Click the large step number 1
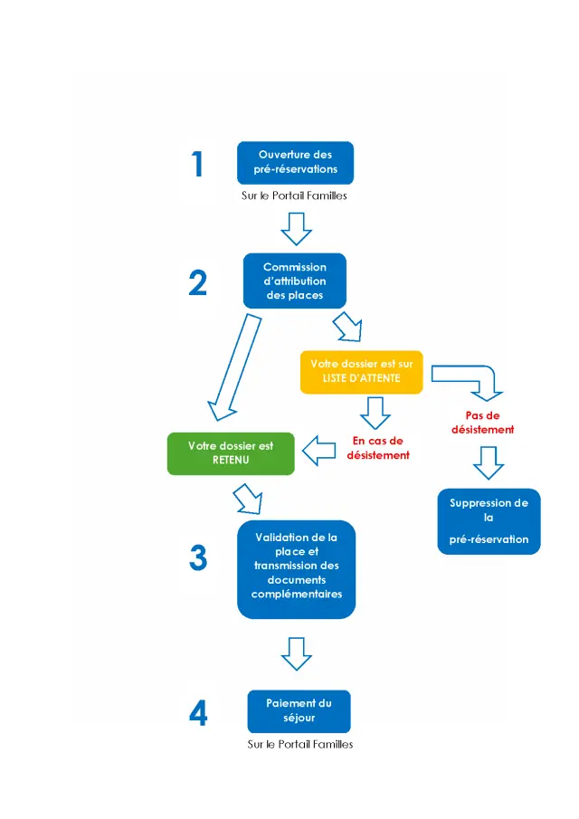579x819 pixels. click(197, 165)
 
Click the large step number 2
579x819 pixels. click(197, 283)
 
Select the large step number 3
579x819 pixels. click(198, 558)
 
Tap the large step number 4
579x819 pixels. click(198, 714)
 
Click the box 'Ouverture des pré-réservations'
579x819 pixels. click(295, 162)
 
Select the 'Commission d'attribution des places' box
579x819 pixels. click(295, 281)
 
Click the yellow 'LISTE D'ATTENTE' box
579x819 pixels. click(361, 371)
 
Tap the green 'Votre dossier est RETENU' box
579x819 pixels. click(232, 453)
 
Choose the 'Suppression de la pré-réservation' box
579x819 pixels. click(489, 521)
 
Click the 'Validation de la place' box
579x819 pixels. click(296, 568)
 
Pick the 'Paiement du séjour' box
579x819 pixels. click(299, 711)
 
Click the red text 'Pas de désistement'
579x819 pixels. click(482, 423)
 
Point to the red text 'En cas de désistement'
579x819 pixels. click(377, 448)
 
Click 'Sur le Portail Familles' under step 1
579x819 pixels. click(295, 195)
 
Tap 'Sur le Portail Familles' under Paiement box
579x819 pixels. click(299, 745)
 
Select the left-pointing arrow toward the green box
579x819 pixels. click(318, 449)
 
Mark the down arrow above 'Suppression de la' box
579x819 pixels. click(488, 462)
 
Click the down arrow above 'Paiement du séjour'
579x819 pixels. click(296, 652)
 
